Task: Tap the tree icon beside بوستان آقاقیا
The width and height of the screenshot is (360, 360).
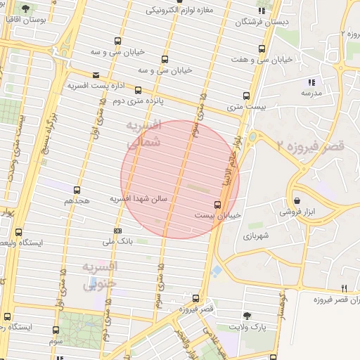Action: [x=26, y=10]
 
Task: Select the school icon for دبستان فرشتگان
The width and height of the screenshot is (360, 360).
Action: [x=262, y=11]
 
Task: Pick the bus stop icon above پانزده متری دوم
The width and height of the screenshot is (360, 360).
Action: [x=139, y=90]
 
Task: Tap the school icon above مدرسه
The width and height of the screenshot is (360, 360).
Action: [x=311, y=82]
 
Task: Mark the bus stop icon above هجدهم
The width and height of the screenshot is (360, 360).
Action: [x=77, y=189]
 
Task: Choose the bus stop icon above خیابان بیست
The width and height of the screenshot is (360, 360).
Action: [x=217, y=204]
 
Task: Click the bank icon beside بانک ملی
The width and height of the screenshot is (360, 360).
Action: [x=117, y=231]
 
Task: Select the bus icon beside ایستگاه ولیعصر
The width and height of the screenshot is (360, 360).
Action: [x=18, y=232]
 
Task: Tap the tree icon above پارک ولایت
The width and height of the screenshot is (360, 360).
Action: [x=246, y=316]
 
